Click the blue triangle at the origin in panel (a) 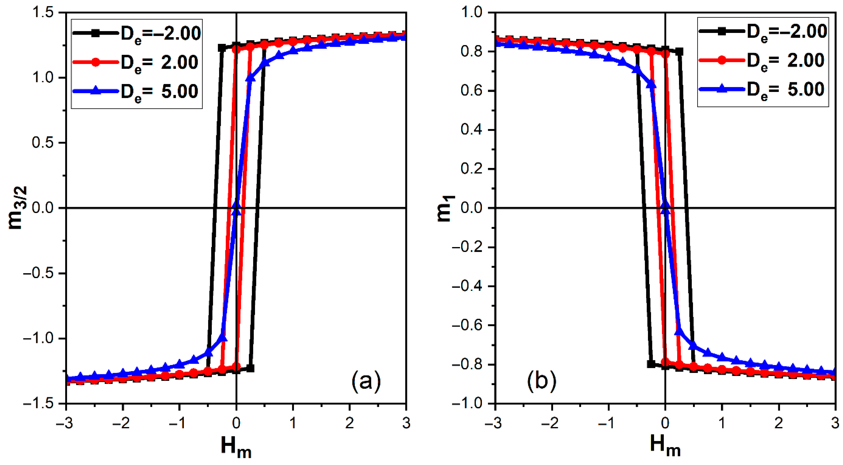pyautogui.click(x=236, y=210)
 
